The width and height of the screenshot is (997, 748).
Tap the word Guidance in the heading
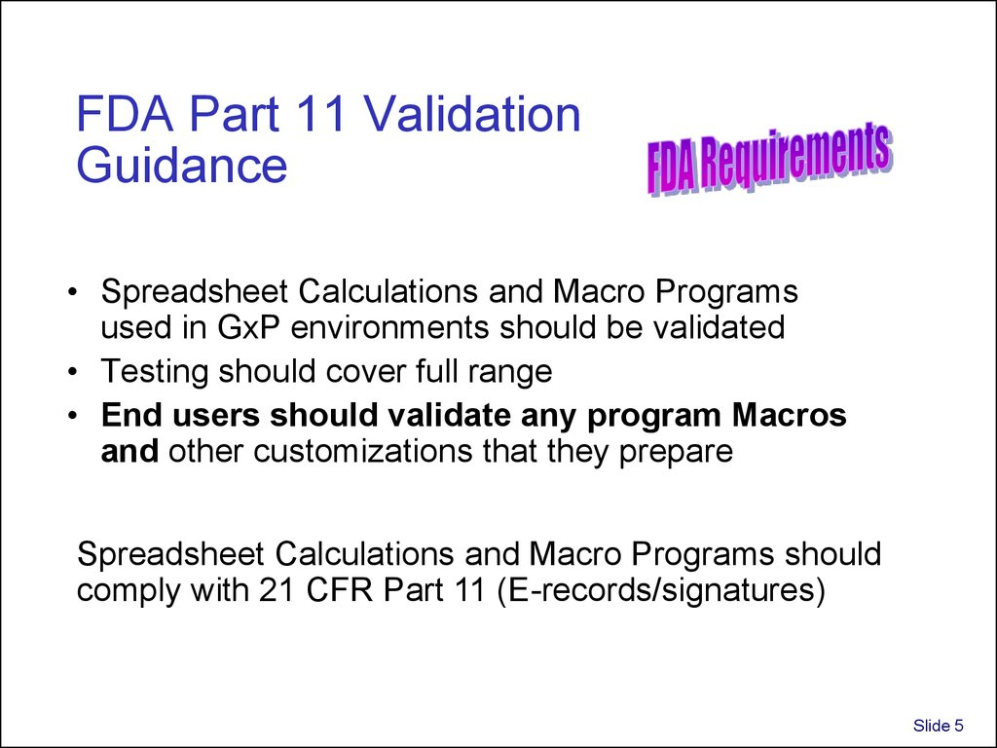point(182,166)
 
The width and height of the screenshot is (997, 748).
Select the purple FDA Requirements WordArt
point(769,159)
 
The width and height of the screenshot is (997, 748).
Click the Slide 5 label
point(938,724)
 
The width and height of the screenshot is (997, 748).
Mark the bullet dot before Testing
point(75,372)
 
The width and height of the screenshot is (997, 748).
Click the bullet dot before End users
point(75,417)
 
